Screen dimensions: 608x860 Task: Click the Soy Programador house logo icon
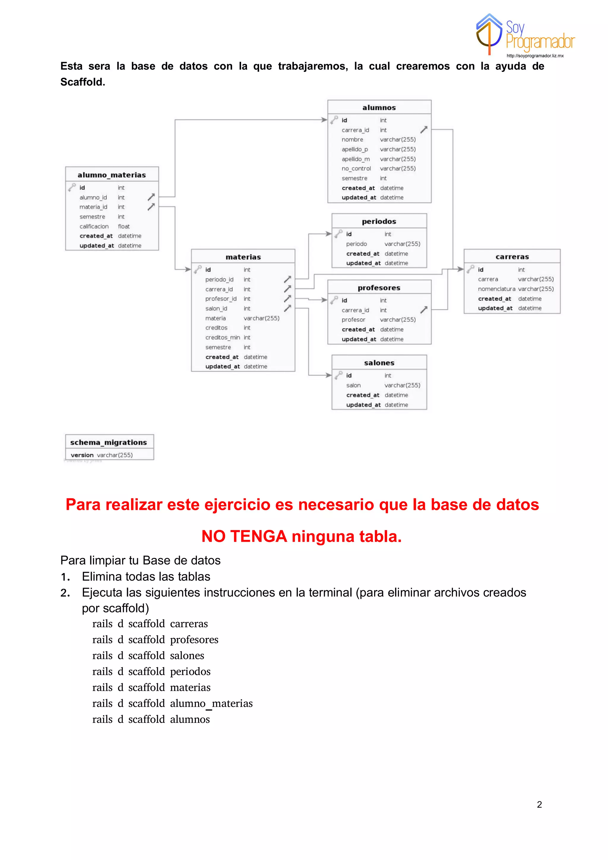(x=489, y=34)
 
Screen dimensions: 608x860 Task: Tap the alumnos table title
(x=379, y=107)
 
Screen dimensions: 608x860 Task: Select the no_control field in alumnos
(x=356, y=169)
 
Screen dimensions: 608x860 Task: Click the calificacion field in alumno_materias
(x=94, y=226)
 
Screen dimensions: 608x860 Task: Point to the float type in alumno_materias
(x=123, y=226)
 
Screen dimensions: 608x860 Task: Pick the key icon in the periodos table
(x=338, y=234)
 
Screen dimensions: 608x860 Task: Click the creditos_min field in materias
(x=222, y=337)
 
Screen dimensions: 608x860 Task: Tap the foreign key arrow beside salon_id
(x=287, y=308)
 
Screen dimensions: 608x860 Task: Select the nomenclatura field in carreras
(x=496, y=289)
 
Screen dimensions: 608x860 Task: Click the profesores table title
(x=379, y=288)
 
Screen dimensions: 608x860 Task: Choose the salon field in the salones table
(x=353, y=385)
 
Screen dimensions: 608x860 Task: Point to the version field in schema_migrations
(x=82, y=455)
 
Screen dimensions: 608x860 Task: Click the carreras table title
(x=512, y=257)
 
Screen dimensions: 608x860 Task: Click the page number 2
(x=539, y=804)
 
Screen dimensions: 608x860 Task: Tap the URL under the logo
(x=535, y=56)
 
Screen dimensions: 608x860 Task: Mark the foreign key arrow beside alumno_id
(x=151, y=197)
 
